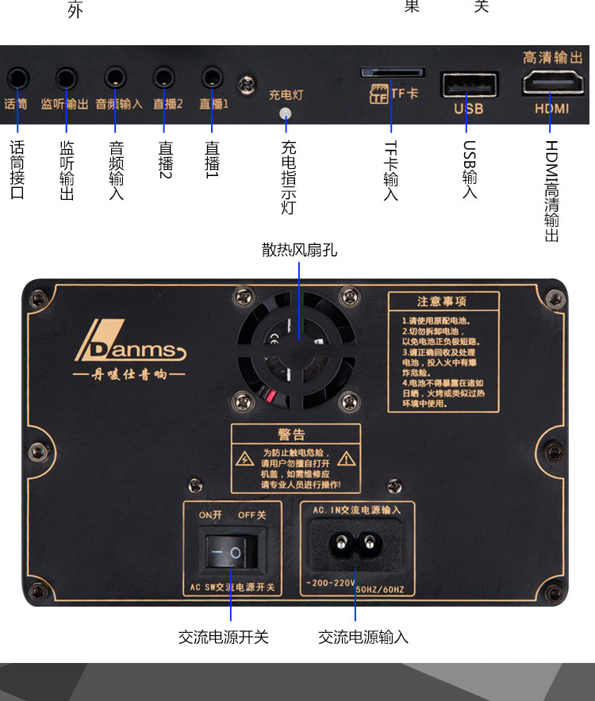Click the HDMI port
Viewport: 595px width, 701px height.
point(551,84)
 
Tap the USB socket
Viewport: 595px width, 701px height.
point(469,84)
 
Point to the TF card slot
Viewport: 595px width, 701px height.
point(392,72)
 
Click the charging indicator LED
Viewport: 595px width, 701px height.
point(286,113)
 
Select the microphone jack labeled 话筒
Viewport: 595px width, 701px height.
point(17,78)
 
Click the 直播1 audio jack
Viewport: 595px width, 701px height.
point(212,78)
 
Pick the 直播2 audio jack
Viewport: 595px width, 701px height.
point(165,78)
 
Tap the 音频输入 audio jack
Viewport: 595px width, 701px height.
point(116,78)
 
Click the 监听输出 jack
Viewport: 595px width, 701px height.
point(67,78)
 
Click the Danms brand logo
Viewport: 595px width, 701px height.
point(130,343)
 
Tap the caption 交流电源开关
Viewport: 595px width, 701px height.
point(224,637)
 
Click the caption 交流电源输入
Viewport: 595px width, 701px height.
point(363,637)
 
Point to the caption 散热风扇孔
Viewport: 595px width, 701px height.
point(299,250)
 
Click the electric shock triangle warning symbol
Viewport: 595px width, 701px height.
point(246,459)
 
